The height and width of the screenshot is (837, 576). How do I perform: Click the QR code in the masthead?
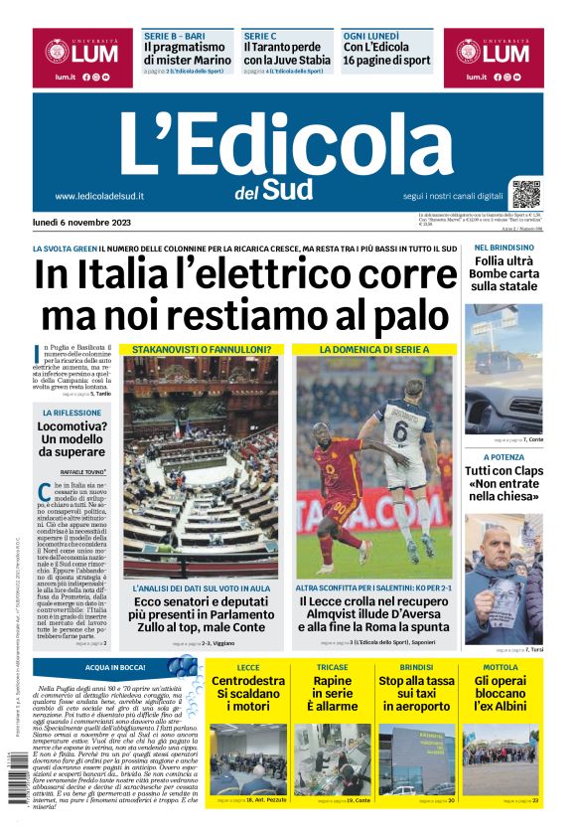pos(526,193)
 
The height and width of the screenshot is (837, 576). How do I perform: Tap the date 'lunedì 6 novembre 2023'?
pos(87,222)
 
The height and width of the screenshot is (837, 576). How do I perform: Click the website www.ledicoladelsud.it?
pos(99,197)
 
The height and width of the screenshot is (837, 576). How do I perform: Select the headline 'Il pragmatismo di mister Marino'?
pos(188,53)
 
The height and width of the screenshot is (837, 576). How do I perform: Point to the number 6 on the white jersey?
pos(401,430)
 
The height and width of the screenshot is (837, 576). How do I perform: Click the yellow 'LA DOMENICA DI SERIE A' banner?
pos(374,350)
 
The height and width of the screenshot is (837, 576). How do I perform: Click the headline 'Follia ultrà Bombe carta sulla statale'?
pos(504,273)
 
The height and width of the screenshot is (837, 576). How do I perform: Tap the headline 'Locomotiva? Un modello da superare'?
pos(72,438)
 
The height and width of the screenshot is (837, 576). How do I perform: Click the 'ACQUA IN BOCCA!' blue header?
pos(116,668)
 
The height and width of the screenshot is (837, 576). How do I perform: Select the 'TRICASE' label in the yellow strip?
pos(332,668)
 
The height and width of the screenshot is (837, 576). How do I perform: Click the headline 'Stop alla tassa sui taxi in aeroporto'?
pos(416,694)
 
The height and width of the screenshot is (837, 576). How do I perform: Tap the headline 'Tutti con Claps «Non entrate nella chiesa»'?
pos(504,483)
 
